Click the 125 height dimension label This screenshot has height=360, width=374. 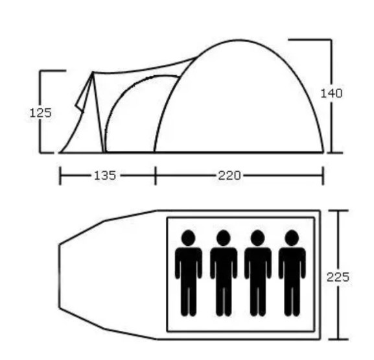click(40, 113)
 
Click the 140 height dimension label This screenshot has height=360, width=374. click(331, 93)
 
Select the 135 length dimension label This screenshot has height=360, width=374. click(105, 176)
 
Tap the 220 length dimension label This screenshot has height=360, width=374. click(229, 176)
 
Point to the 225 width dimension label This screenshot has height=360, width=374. click(338, 277)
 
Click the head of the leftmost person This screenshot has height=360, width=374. click(189, 238)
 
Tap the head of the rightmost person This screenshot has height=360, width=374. click(292, 238)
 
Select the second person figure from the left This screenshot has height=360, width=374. click(224, 273)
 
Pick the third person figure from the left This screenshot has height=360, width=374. click(258, 273)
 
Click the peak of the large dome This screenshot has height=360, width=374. click(239, 40)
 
